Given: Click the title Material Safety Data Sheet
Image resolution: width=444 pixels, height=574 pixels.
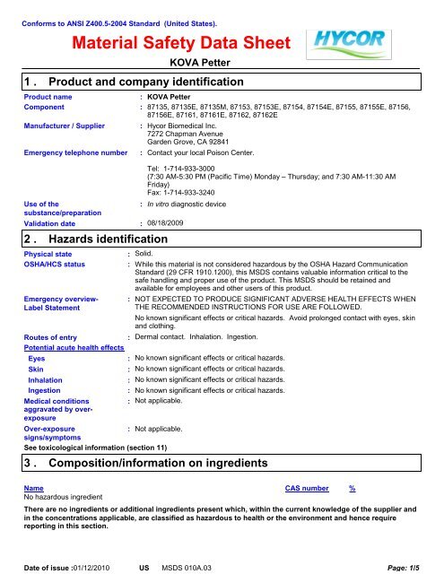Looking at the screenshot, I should pos(181,43).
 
